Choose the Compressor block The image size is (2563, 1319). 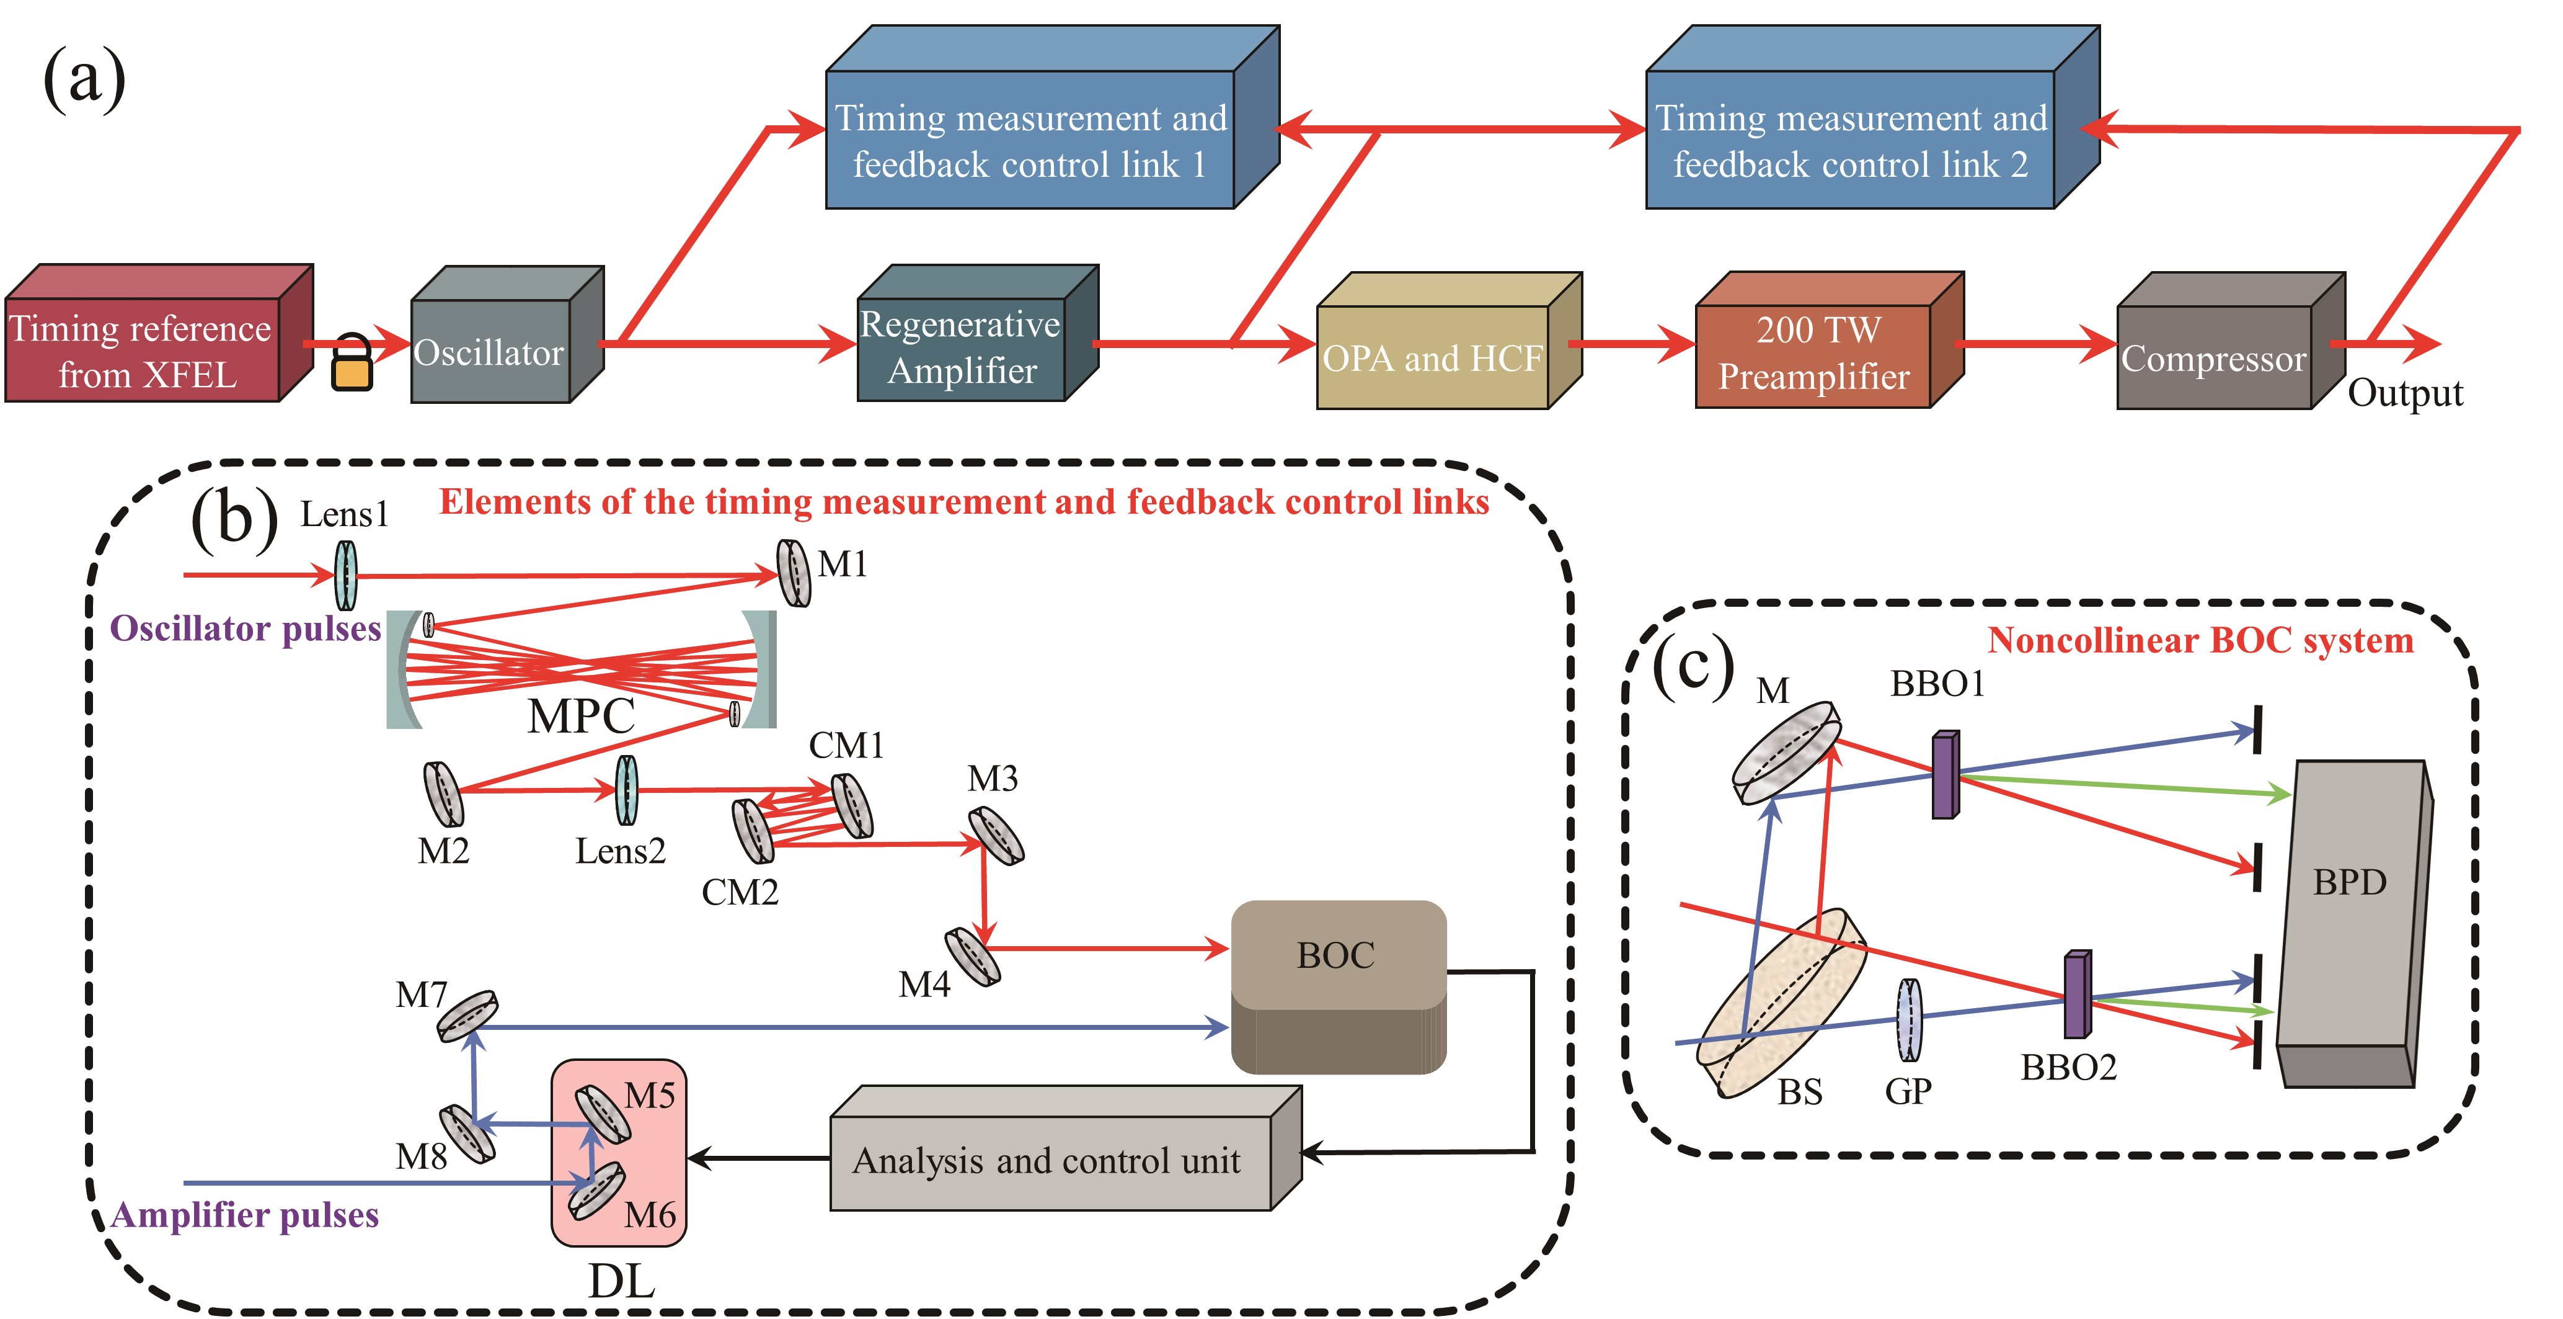pyautogui.click(x=2214, y=359)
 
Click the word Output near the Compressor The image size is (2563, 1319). pyautogui.click(x=2405, y=393)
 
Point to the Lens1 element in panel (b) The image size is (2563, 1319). pyautogui.click(x=345, y=575)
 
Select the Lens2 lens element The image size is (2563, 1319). pyautogui.click(x=626, y=790)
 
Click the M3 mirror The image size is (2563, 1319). pyautogui.click(x=996, y=835)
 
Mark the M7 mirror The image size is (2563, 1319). pyautogui.click(x=467, y=1016)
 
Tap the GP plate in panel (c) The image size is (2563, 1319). pyautogui.click(x=1908, y=1021)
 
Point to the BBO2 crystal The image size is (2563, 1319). pyautogui.click(x=2076, y=995)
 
